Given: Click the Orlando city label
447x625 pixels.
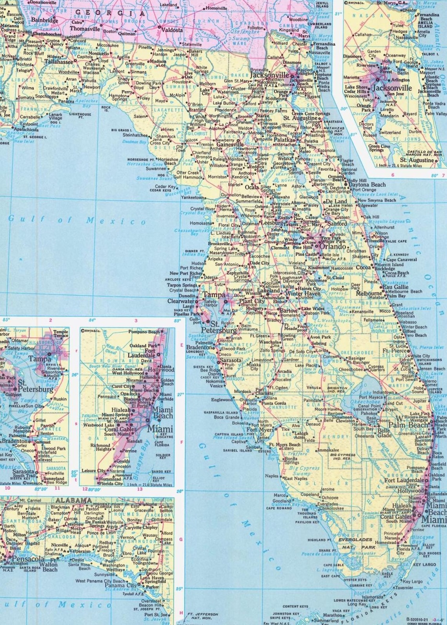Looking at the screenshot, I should pyautogui.click(x=333, y=247).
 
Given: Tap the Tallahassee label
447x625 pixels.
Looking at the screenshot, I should pyautogui.click(x=58, y=62).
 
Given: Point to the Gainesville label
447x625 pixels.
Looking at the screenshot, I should pyautogui.click(x=230, y=144).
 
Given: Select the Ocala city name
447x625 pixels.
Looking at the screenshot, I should pyautogui.click(x=252, y=187).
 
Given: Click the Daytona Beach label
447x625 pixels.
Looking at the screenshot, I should pyautogui.click(x=367, y=184).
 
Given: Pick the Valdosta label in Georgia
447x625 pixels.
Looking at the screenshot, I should pyautogui.click(x=172, y=30).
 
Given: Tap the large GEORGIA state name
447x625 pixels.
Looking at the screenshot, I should pyautogui.click(x=110, y=13).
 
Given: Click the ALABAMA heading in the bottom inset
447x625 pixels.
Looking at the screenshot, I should pyautogui.click(x=73, y=500).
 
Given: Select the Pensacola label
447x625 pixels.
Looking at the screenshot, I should pyautogui.click(x=28, y=558).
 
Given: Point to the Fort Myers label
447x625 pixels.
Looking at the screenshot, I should pyautogui.click(x=260, y=430).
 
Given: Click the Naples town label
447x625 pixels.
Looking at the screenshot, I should pyautogui.click(x=271, y=476).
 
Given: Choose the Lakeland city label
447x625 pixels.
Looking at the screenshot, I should pyautogui.click(x=269, y=291).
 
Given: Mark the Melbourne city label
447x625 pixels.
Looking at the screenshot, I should pyautogui.click(x=369, y=293).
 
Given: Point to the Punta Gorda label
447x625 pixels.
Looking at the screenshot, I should pyautogui.click(x=274, y=403).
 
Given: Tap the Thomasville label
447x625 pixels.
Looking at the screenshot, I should pyautogui.click(x=85, y=29).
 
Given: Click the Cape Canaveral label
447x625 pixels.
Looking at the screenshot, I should pyautogui.click(x=402, y=260).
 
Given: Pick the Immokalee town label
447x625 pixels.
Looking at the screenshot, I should pyautogui.click(x=328, y=450).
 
